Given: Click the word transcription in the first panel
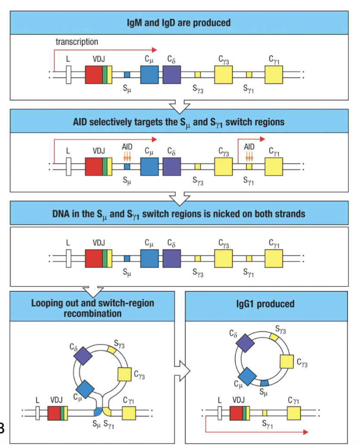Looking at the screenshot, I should pyautogui.click(x=77, y=42).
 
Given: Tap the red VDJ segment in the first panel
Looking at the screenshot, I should pyautogui.click(x=94, y=75).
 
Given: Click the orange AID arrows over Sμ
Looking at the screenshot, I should pyautogui.click(x=126, y=156).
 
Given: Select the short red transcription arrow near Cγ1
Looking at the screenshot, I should pyautogui.click(x=250, y=140).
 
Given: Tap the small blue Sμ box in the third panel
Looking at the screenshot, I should pyautogui.click(x=127, y=258).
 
